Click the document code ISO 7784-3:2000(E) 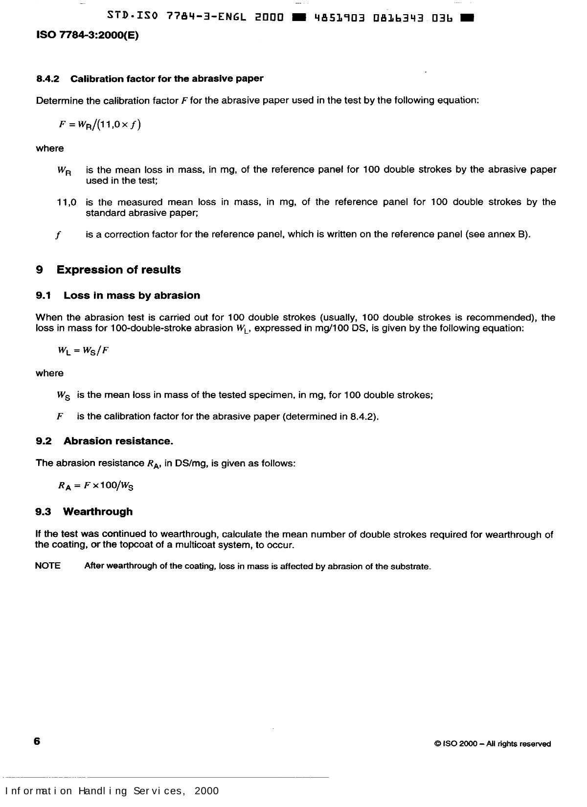point(88,36)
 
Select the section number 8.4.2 point(47,79)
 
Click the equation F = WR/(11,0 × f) point(99,124)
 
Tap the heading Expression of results point(118,270)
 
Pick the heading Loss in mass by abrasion point(132,296)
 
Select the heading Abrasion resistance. point(118,441)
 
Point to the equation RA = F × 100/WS point(96,486)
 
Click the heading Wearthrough point(98,512)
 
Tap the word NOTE point(48,566)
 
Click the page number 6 point(37,741)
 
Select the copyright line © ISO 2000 point(492,744)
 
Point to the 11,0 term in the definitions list point(67,202)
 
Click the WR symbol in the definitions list point(64,171)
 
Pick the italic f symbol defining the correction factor point(58,235)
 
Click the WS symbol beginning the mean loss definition point(64,395)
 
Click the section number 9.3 point(43,512)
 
